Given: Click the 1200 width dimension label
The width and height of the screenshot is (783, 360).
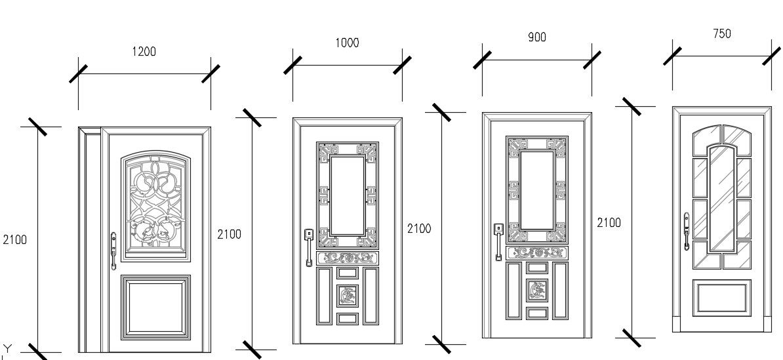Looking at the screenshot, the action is coord(144,51).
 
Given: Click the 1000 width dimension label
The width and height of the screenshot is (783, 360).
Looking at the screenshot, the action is coord(347,43).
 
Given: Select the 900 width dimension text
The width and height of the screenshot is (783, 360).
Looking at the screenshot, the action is coord(536,37).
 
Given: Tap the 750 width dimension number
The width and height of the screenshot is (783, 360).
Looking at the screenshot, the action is coord(721,33).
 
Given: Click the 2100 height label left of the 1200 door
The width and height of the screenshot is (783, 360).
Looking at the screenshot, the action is coord(14,240).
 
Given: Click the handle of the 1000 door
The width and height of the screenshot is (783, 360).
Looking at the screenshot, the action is coord(308,247).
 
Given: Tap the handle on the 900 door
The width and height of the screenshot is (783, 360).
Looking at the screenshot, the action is coord(498,241).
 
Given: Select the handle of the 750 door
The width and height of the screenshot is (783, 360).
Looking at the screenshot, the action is coord(686,231).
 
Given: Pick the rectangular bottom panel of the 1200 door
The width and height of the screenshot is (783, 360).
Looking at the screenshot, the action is coord(156,306).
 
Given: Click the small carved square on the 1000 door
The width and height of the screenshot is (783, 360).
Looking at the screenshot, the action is coord(348,296).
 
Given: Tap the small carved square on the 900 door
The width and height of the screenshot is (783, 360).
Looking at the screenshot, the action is coord(537,290).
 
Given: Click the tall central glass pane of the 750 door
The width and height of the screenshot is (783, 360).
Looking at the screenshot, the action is coord(721,198).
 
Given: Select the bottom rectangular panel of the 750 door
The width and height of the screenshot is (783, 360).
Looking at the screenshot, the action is coord(721,298).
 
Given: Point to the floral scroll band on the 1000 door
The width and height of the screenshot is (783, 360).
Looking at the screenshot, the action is coord(348,258).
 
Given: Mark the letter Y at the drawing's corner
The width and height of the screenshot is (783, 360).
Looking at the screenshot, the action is coord(7,348).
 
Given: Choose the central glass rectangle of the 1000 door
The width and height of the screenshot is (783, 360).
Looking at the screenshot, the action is coord(348,195).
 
